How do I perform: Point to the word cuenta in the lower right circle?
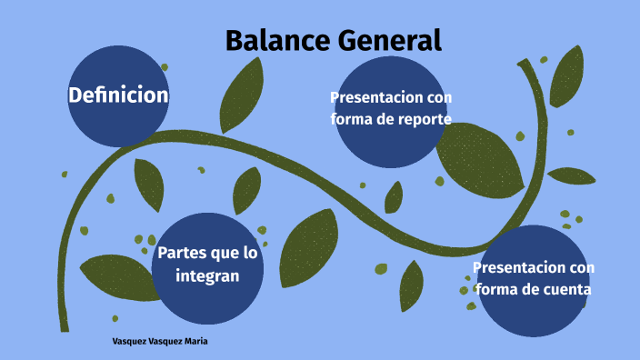point(564,289)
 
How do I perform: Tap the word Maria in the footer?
point(205,343)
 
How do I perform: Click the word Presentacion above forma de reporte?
point(391,97)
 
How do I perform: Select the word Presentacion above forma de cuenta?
point(534,267)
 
